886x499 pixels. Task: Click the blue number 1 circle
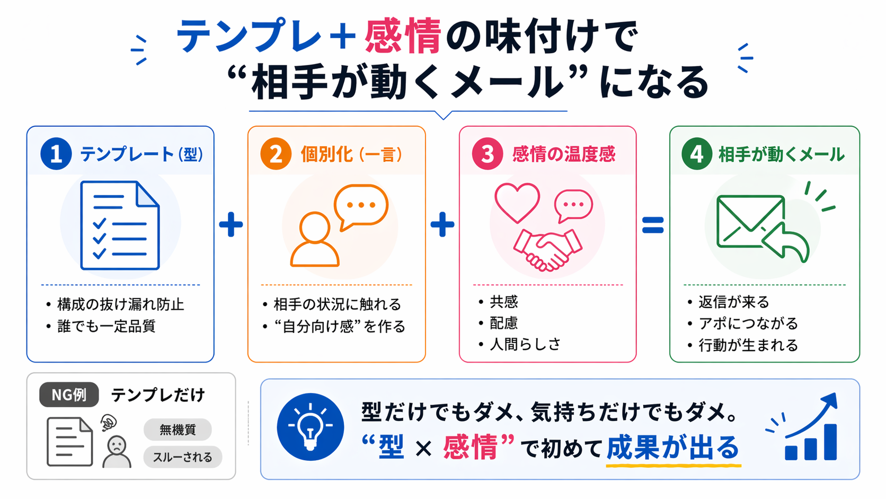click(56, 154)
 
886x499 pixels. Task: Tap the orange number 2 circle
click(276, 154)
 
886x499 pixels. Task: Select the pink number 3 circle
click(488, 154)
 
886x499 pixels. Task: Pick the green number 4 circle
click(697, 154)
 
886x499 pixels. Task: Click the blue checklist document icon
click(120, 225)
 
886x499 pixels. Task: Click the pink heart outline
click(517, 203)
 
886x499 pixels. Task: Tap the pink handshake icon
click(547, 249)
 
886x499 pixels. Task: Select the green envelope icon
click(750, 222)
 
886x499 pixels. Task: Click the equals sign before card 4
click(653, 225)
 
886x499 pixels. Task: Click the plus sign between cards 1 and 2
click(231, 224)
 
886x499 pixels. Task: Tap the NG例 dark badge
click(69, 395)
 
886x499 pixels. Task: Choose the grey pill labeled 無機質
click(178, 430)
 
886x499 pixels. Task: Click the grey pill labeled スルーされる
click(183, 457)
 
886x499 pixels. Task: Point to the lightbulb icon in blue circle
click(310, 426)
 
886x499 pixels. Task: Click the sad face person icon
click(116, 451)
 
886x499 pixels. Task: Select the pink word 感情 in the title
click(403, 36)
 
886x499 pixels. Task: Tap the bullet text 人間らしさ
click(525, 344)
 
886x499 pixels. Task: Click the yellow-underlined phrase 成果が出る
click(673, 447)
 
